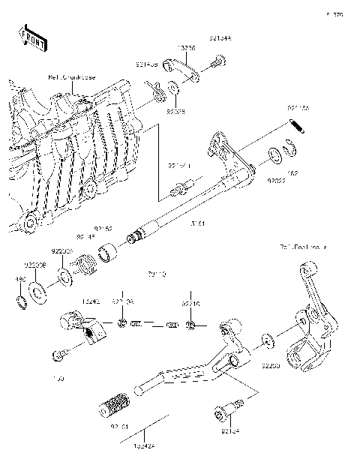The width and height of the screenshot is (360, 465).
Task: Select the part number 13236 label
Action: (186, 47)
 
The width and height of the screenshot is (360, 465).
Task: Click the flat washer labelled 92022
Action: (276, 154)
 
